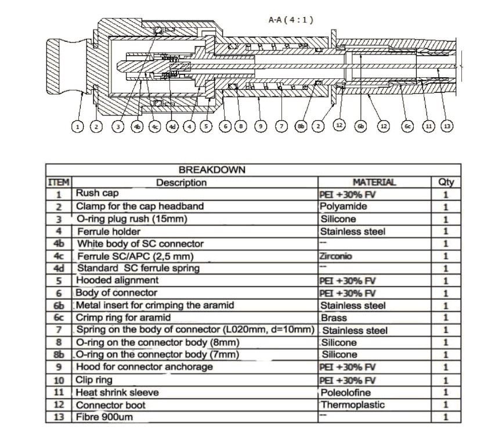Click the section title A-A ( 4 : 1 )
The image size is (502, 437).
pyautogui.click(x=291, y=20)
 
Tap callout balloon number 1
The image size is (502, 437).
pyautogui.click(x=77, y=127)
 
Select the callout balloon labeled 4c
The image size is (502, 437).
pyautogui.click(x=155, y=127)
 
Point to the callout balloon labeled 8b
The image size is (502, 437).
pyautogui.click(x=301, y=126)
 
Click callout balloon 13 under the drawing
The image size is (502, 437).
pyautogui.click(x=447, y=126)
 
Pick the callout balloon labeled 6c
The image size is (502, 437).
pyautogui.click(x=407, y=126)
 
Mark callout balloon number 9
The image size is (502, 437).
pyautogui.click(x=261, y=126)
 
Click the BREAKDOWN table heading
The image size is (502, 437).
pyautogui.click(x=212, y=169)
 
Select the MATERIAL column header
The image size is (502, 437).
pyautogui.click(x=374, y=182)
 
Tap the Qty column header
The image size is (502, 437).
pyautogui.click(x=446, y=182)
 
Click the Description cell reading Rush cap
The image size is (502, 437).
pyautogui.click(x=97, y=193)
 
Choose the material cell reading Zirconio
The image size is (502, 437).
pyautogui.click(x=335, y=256)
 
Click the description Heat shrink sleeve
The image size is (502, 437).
pyautogui.click(x=117, y=392)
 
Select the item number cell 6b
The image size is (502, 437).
pyautogui.click(x=59, y=305)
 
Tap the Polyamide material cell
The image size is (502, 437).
pyautogui.click(x=343, y=206)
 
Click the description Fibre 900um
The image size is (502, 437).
pyautogui.click(x=104, y=417)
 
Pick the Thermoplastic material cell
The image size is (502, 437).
pyautogui.click(x=352, y=405)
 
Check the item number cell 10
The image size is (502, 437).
pyautogui.click(x=59, y=380)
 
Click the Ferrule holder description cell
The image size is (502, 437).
pyautogui.click(x=109, y=232)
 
